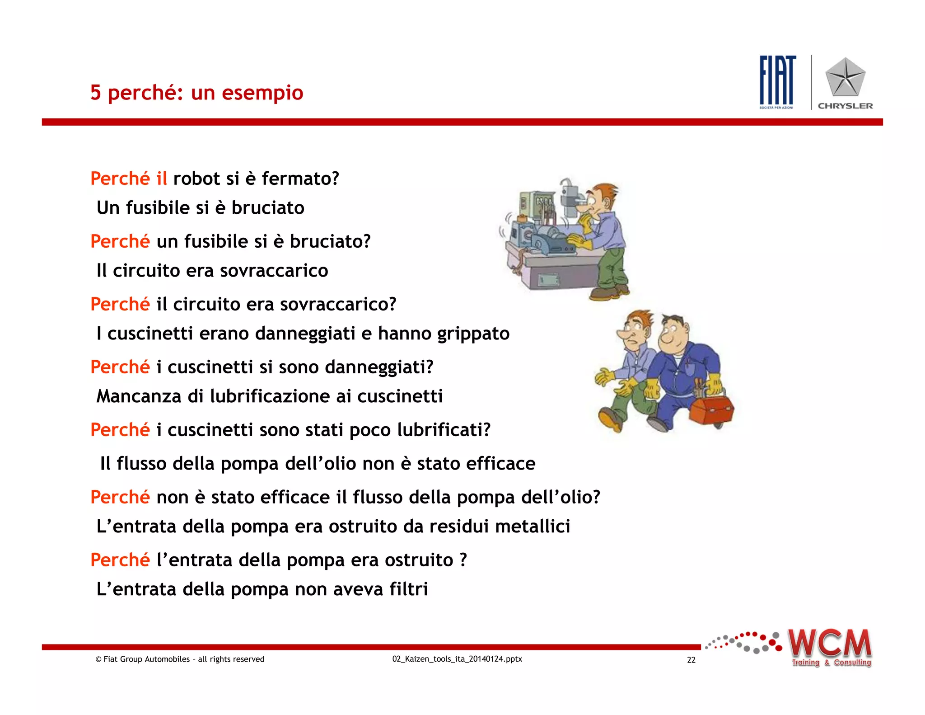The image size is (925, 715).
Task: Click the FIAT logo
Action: [777, 80]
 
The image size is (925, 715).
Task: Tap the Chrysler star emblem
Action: [845, 78]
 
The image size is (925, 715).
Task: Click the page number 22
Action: [691, 660]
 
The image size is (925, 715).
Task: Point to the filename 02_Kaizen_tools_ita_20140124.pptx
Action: [457, 659]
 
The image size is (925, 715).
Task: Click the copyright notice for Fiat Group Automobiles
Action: [180, 659]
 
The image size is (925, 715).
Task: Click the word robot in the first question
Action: [196, 179]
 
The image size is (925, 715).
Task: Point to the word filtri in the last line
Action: [409, 589]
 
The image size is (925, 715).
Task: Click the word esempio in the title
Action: [262, 93]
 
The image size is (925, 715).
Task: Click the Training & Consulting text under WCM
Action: [831, 663]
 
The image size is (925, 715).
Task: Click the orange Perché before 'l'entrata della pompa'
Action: [120, 560]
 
